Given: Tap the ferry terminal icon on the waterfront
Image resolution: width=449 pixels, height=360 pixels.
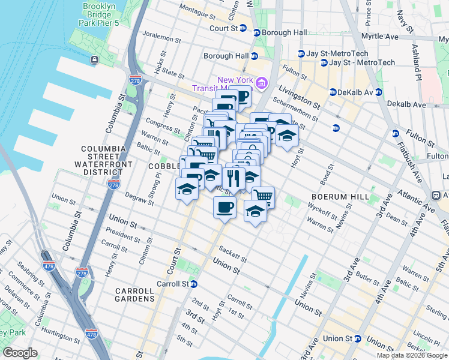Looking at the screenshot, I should coord(95,59).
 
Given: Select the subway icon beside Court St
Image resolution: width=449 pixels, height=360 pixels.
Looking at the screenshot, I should coord(243,28).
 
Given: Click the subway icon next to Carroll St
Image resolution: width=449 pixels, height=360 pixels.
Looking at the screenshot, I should coord(194,284).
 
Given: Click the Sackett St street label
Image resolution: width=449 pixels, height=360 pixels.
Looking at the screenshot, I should coord(233,254).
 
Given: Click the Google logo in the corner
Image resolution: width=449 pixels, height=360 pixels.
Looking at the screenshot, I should coord(20,353).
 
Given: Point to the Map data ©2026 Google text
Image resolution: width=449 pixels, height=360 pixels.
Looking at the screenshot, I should coord(411,355).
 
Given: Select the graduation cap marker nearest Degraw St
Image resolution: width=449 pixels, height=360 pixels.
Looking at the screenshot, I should coord(187,189).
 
